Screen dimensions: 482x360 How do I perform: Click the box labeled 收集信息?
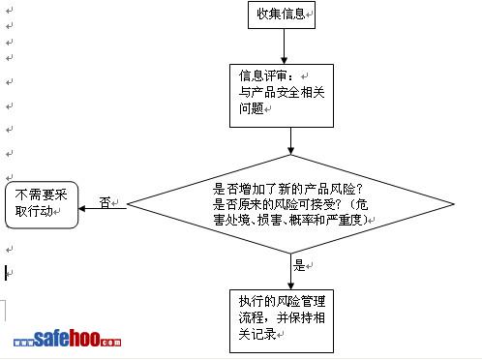[x=282, y=15]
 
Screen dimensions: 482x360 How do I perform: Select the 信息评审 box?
[x=282, y=96]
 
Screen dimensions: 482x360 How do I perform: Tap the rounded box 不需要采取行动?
[x=42, y=205]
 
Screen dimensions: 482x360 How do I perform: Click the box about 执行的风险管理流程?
[x=282, y=321]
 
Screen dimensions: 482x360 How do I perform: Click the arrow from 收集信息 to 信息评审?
[x=284, y=46]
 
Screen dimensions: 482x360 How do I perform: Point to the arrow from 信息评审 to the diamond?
[x=290, y=141]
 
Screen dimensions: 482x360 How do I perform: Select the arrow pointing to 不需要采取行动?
[x=103, y=208]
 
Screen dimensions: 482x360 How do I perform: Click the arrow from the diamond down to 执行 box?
[x=290, y=271]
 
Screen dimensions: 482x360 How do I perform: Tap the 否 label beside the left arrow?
[x=105, y=203]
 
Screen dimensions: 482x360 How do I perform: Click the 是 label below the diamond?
[x=299, y=265]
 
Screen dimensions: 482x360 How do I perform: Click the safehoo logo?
[x=68, y=339]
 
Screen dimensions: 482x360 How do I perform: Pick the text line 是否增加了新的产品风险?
[x=287, y=189]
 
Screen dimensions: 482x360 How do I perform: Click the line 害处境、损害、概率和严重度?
[x=290, y=220]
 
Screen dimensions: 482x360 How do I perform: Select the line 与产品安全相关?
[x=282, y=92]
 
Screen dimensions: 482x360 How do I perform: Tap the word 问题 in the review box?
[x=252, y=108]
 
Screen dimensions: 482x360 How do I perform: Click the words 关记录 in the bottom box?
[x=257, y=334]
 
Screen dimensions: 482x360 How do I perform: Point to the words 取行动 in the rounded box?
[x=34, y=211]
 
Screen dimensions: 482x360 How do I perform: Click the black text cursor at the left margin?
[x=6, y=273]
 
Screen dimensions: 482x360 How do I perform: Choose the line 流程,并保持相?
[x=282, y=317]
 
